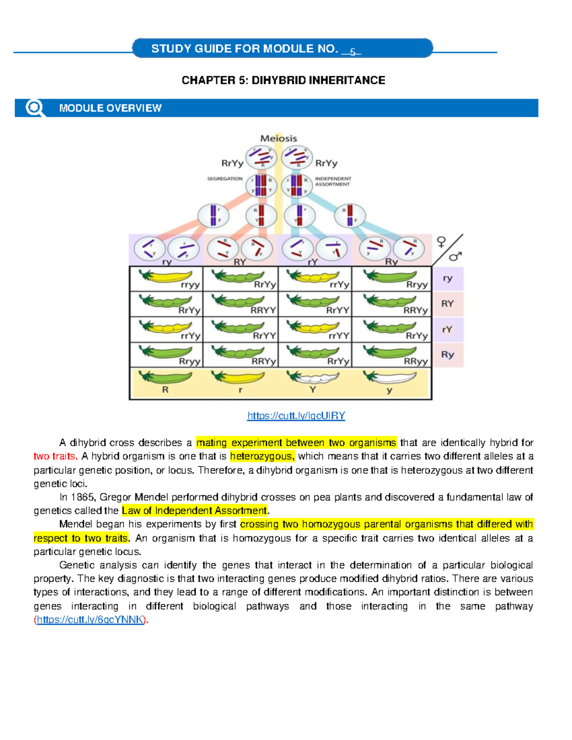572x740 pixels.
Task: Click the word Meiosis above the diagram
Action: (278, 139)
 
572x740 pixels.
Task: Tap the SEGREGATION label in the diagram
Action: (225, 179)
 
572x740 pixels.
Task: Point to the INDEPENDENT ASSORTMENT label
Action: (333, 182)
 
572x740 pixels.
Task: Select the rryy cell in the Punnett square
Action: (166, 279)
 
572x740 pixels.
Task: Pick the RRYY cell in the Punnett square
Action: (240, 304)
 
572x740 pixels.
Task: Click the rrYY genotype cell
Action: (315, 330)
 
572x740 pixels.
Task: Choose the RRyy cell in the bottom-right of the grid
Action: (391, 355)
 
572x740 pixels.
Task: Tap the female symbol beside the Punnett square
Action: (441, 243)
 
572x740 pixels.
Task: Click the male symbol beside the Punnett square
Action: (455, 256)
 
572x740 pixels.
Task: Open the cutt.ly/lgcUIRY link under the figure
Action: (296, 416)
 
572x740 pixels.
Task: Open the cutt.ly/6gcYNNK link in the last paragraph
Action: (90, 619)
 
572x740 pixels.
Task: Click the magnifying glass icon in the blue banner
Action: (34, 108)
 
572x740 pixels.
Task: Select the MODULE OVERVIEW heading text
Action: (110, 108)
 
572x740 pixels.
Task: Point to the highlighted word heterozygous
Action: (262, 456)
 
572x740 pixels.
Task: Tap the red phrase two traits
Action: (55, 456)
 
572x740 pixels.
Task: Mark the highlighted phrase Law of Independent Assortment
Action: (194, 510)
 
